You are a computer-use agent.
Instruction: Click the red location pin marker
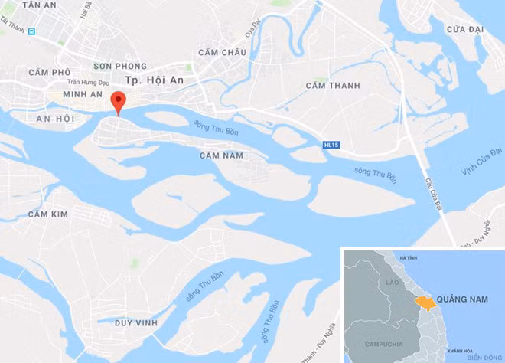(x=118, y=102)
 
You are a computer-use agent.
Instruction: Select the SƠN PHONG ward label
(x=119, y=67)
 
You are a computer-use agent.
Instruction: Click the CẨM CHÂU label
(x=221, y=52)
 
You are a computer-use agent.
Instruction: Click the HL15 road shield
(x=331, y=144)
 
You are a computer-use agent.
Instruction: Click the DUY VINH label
(x=135, y=323)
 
